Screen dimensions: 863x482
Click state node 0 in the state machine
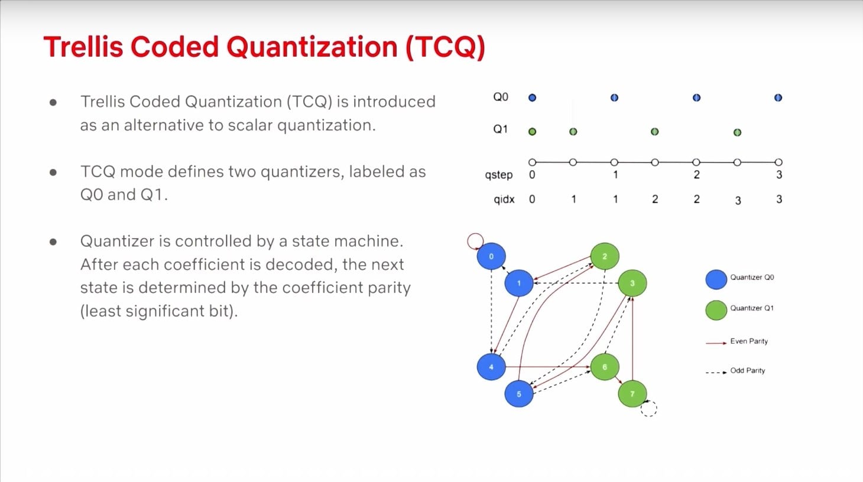(x=491, y=256)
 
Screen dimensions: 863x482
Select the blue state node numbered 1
(x=519, y=283)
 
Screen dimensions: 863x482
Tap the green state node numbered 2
(x=605, y=256)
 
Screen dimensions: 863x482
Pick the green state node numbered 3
(x=632, y=283)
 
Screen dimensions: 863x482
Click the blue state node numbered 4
(x=491, y=367)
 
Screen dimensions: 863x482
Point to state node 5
(x=519, y=394)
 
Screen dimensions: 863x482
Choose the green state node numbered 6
(x=605, y=367)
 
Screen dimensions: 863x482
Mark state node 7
(x=632, y=394)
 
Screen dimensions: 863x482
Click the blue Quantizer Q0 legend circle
(x=716, y=279)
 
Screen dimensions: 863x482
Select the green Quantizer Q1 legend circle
(x=716, y=310)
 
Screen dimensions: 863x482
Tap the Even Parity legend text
(x=749, y=341)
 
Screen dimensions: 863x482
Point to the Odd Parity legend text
(x=747, y=370)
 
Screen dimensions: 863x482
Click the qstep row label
(x=498, y=175)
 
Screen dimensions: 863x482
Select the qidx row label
(x=504, y=200)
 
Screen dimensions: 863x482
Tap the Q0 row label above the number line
(x=501, y=97)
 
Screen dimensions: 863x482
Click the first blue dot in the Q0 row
(x=533, y=98)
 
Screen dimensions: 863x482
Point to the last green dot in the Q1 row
(x=738, y=132)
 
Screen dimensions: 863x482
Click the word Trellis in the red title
(x=83, y=47)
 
